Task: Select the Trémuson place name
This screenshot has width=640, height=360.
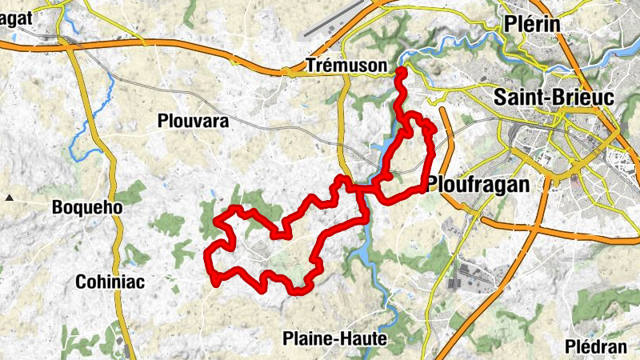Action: pyautogui.click(x=346, y=67)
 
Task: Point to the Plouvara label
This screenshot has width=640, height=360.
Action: pyautogui.click(x=194, y=122)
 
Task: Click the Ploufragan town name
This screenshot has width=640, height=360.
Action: pyautogui.click(x=478, y=185)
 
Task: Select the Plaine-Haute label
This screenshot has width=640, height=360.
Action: pyautogui.click(x=334, y=339)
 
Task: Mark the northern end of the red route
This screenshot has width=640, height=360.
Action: pyautogui.click(x=400, y=72)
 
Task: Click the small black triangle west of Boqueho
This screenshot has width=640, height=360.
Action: pyautogui.click(x=9, y=197)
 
